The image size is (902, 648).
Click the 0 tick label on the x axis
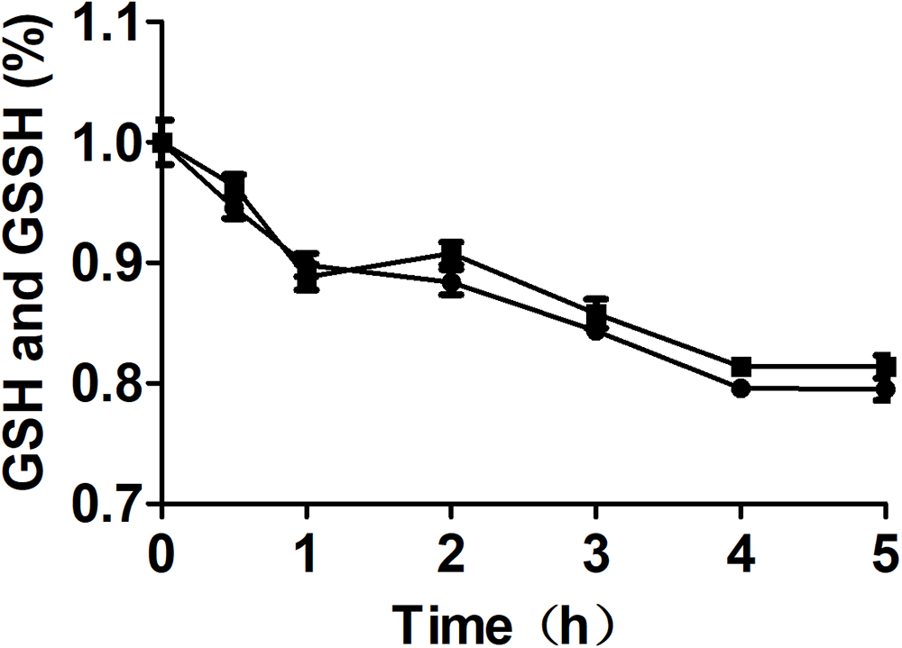click(x=161, y=550)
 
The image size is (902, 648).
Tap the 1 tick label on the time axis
click(x=307, y=550)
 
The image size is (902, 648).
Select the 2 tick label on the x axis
click(x=451, y=550)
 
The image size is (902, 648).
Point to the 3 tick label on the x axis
click(x=595, y=550)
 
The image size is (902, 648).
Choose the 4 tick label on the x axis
click(x=741, y=550)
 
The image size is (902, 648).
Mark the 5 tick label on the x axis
click(x=885, y=550)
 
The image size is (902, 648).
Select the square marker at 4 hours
click(x=741, y=367)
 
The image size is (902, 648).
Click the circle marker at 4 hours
click(x=741, y=388)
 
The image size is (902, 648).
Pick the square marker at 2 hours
click(x=452, y=255)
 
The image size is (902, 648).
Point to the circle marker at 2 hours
click(x=452, y=282)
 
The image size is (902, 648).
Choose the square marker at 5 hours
click(x=886, y=367)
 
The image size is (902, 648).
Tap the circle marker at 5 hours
click(x=886, y=389)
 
